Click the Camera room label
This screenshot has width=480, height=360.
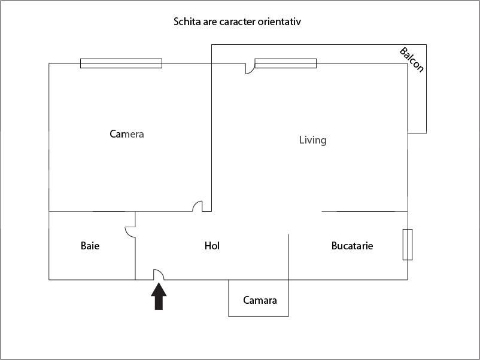(127, 134)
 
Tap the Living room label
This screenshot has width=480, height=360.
(312, 140)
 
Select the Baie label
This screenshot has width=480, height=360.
(90, 246)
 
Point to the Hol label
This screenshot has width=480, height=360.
(212, 246)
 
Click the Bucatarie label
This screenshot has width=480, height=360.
(353, 246)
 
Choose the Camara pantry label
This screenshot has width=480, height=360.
(260, 300)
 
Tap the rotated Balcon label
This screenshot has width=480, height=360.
(412, 60)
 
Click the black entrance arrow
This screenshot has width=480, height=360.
(159, 296)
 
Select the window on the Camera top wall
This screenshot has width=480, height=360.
(121, 63)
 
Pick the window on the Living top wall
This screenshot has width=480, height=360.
(285, 63)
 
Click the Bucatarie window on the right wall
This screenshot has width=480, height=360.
(408, 245)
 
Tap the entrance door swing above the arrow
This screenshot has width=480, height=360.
(159, 274)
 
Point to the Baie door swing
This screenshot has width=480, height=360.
(130, 231)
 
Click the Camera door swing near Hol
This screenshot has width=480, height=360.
(198, 206)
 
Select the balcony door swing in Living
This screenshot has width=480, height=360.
(250, 69)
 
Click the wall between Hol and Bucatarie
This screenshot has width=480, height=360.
(288, 257)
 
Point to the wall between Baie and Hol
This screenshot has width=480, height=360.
(135, 246)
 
